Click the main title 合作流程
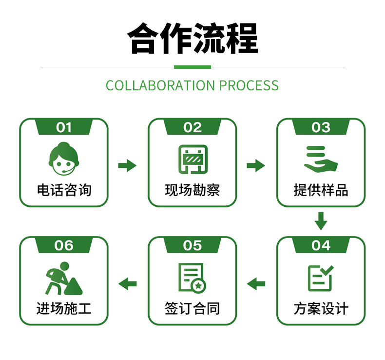point(192,38)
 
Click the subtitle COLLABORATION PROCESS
point(192,85)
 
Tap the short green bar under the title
point(192,67)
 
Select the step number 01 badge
point(64,128)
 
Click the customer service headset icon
point(64,159)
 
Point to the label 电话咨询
point(64,190)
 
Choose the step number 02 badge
point(192,128)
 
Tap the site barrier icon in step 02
point(192,159)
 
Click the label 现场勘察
point(192,190)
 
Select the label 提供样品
point(320,190)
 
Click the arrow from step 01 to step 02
point(127,165)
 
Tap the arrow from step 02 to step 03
point(255,165)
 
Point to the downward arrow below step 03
point(320,220)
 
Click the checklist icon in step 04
point(320,278)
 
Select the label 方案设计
point(320,308)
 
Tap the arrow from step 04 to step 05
point(256,283)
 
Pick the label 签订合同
point(192,308)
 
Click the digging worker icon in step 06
point(63,279)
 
